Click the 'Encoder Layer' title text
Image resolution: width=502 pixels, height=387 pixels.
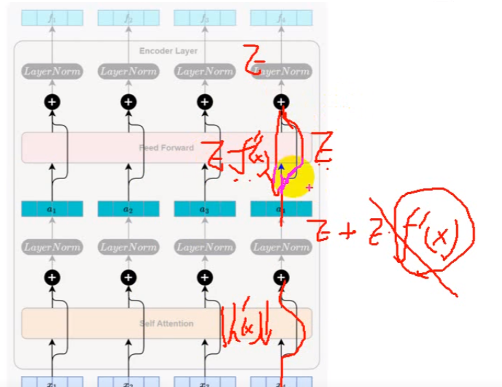point(168,51)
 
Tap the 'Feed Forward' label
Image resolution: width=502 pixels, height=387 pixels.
point(167,148)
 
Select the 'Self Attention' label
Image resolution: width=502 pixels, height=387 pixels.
point(167,323)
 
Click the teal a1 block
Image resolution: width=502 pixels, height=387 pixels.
point(52,209)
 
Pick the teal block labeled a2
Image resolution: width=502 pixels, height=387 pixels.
point(128,209)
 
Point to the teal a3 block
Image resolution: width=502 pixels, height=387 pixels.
point(204,209)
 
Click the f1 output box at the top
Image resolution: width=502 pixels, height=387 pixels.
point(52,18)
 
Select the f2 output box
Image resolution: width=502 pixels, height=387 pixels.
point(128,18)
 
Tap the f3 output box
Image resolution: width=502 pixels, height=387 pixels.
point(204,18)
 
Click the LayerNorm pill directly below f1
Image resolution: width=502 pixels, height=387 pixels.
point(52,71)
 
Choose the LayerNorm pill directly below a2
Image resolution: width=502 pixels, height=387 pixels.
point(128,246)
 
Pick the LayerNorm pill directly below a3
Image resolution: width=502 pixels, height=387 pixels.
point(204,246)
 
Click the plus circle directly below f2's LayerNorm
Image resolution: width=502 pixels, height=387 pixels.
point(128,102)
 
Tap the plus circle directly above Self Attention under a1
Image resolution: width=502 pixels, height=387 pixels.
point(52,278)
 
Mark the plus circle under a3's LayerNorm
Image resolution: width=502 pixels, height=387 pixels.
point(204,278)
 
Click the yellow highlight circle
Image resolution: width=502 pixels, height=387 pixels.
point(294,177)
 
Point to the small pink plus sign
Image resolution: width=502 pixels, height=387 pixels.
point(309,187)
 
